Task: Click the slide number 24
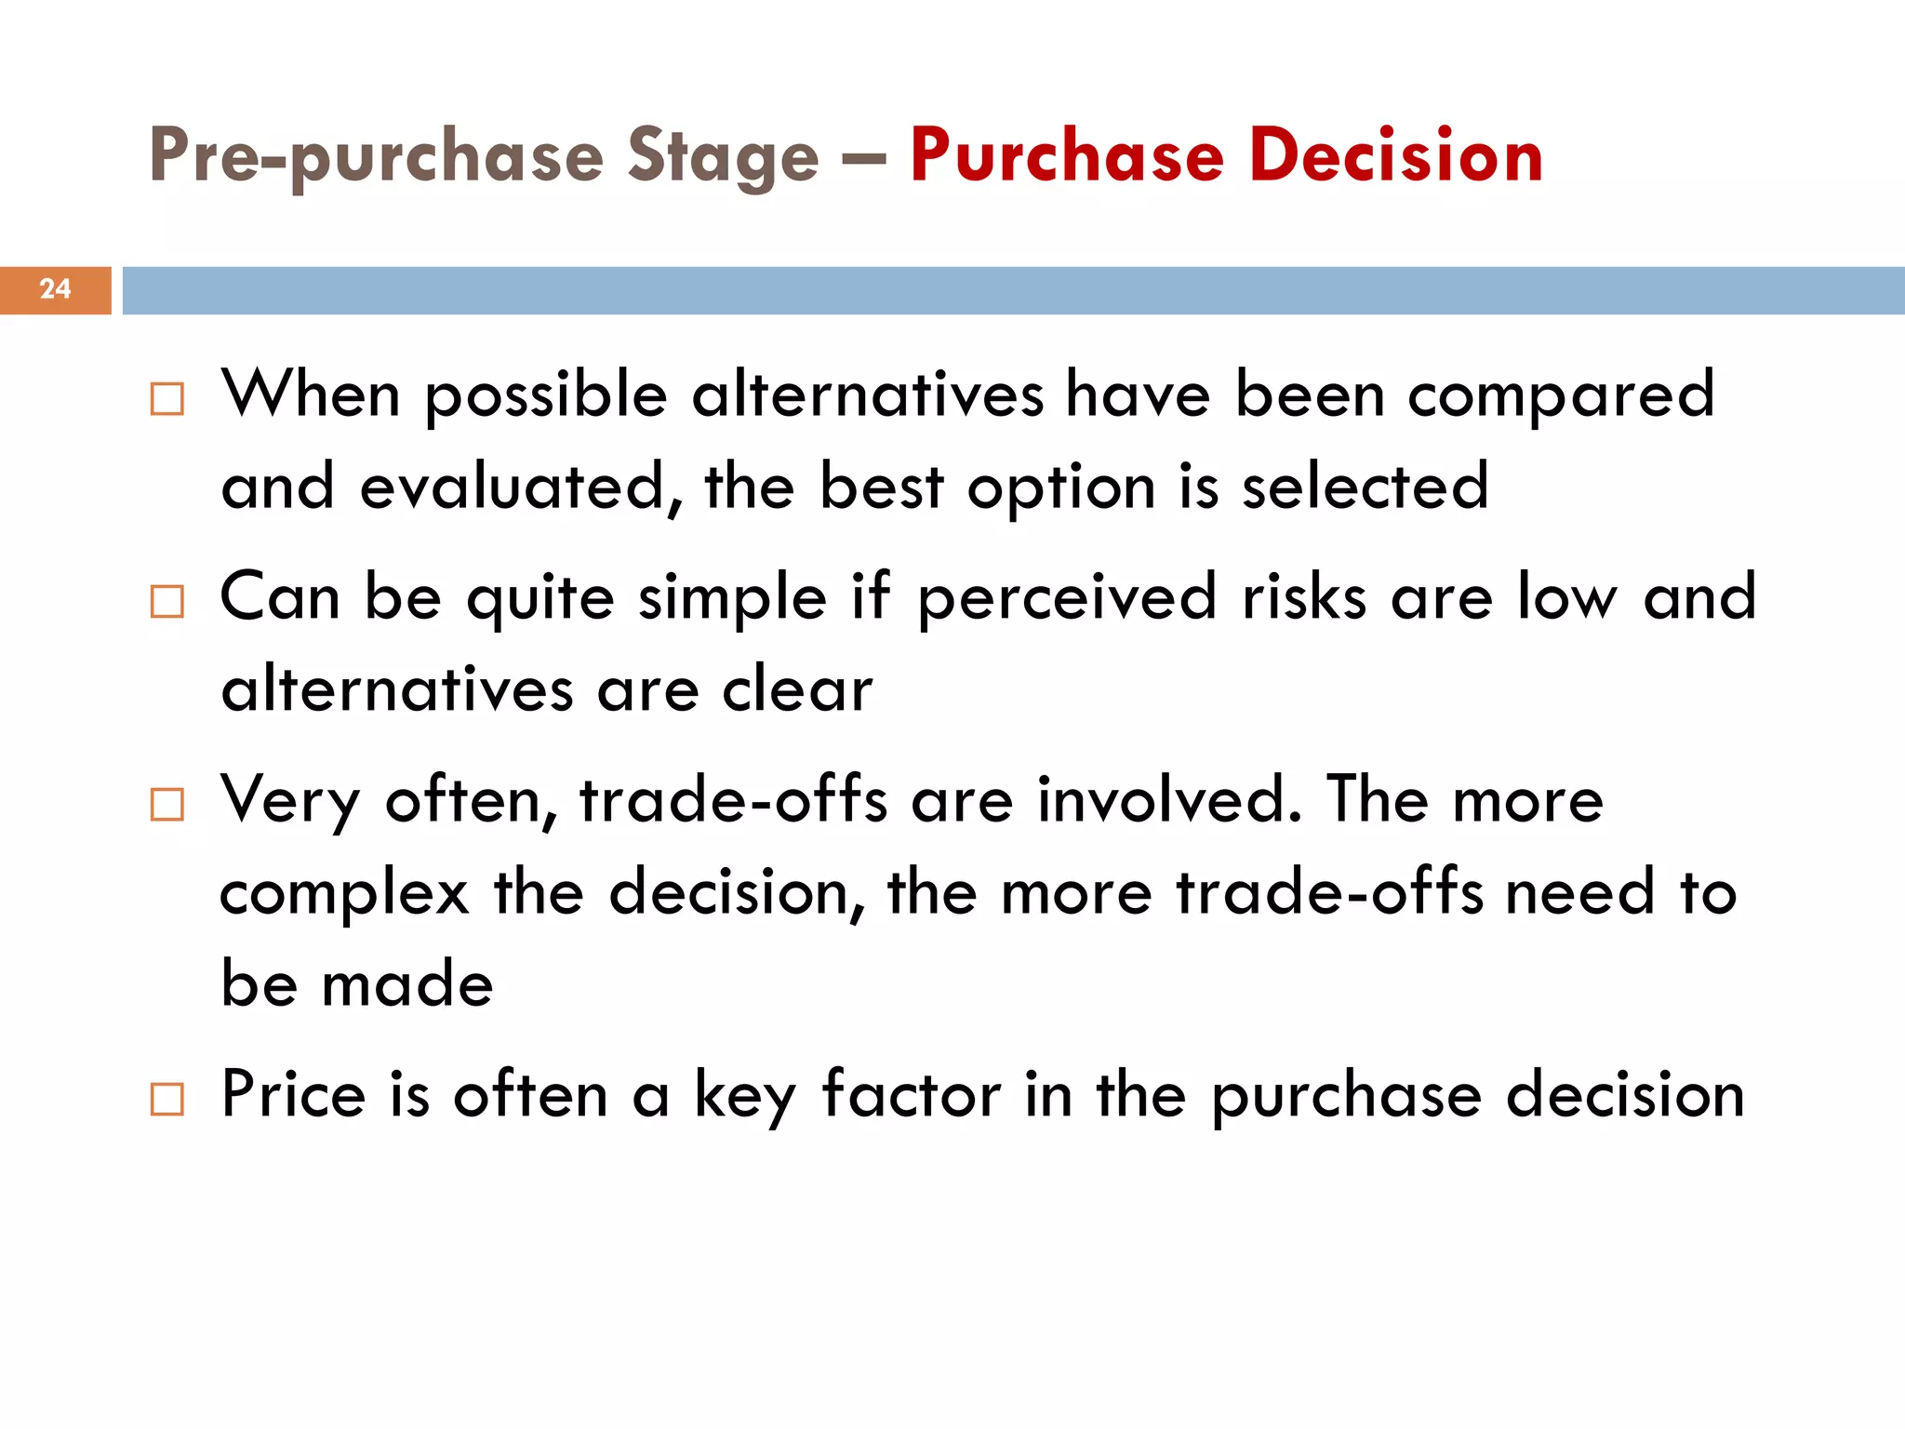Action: point(55,289)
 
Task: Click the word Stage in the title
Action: point(723,156)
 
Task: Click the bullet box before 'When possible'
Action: point(167,399)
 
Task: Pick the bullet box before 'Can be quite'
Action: point(167,602)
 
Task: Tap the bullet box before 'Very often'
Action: point(167,804)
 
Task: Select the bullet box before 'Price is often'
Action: point(167,1099)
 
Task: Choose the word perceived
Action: point(1067,598)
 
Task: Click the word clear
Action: point(797,690)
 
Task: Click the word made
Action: point(406,984)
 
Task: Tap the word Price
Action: point(293,1094)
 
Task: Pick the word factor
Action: point(911,1094)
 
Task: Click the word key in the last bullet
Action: point(745,1096)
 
